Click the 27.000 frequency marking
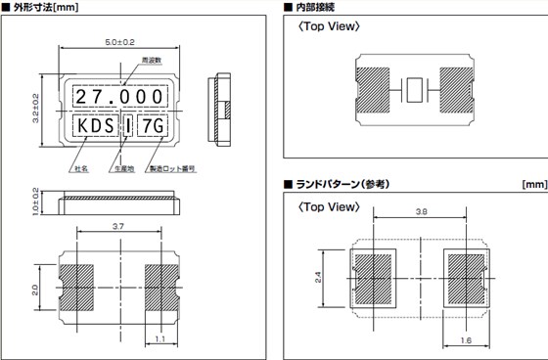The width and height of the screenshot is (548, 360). pos(120,98)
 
